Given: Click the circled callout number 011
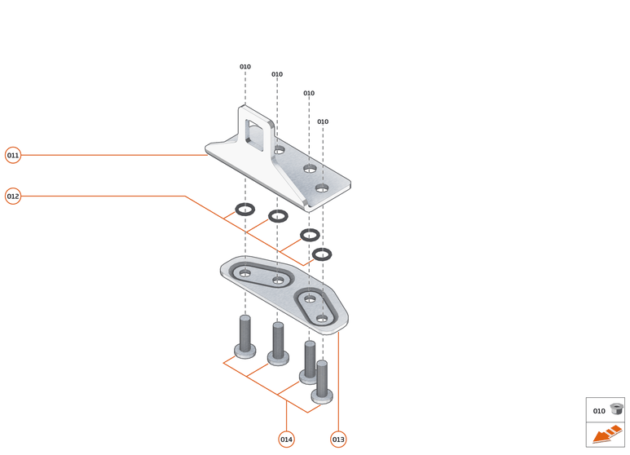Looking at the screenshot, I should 13,155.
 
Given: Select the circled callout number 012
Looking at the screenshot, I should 13,196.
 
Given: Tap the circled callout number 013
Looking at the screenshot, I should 338,440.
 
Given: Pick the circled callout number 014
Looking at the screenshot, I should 286,440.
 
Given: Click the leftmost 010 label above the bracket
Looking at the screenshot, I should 245,67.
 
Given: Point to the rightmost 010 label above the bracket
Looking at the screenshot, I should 323,121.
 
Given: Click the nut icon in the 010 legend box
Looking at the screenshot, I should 616,410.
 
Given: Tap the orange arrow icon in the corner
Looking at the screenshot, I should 605,435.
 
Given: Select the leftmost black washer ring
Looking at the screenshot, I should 245,209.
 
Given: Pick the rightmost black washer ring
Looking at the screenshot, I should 322,254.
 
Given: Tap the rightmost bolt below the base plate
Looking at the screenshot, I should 322,383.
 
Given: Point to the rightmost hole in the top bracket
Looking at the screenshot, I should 322,188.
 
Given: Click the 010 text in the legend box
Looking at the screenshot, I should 599,411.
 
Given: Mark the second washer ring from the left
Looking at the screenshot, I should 278,216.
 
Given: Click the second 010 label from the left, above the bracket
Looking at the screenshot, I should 277,74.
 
